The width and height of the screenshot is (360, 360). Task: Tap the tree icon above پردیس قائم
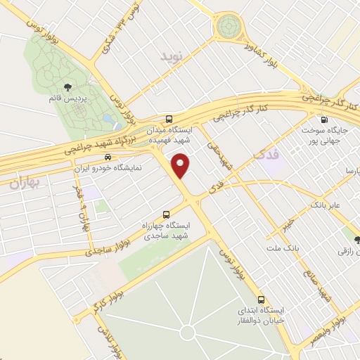(x=67, y=86)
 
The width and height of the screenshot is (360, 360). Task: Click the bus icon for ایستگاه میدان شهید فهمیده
(x=168, y=120)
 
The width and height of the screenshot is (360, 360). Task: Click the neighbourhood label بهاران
(x=27, y=183)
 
